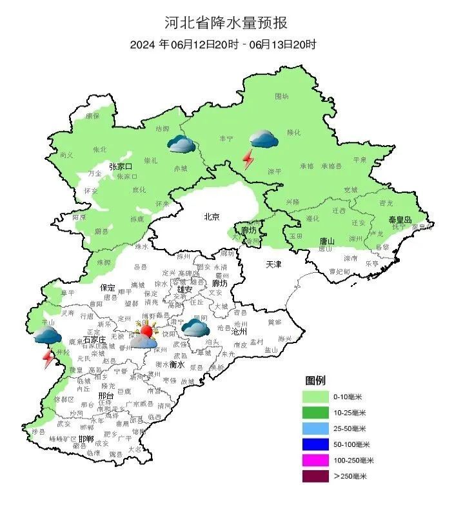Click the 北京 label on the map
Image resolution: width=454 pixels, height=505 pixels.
[x=212, y=217]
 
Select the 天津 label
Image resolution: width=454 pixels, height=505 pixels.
[x=274, y=265]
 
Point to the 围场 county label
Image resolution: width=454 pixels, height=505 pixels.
[x=282, y=96]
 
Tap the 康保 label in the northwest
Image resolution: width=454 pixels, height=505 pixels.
[x=92, y=116]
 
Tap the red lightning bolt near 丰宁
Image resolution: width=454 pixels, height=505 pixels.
[x=248, y=158]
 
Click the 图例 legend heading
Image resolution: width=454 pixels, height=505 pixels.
[x=316, y=380]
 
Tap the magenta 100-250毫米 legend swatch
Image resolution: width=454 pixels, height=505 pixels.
[x=319, y=460]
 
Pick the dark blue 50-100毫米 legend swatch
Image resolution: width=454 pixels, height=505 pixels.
[x=319, y=444]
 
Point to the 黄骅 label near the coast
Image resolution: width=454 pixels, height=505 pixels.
[x=275, y=321]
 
